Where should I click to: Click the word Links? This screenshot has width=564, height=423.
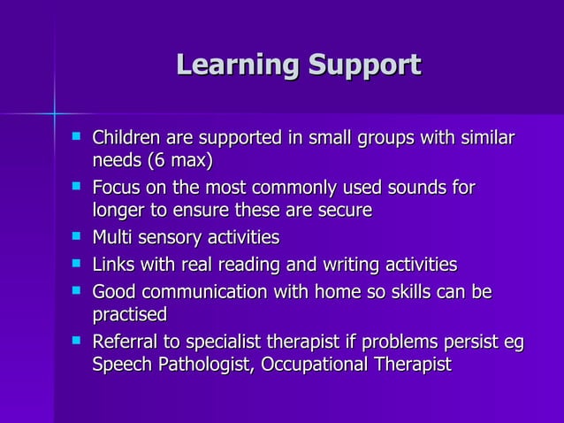115,265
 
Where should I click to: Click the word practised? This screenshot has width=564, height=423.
130,314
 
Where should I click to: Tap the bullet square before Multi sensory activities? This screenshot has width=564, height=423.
77,236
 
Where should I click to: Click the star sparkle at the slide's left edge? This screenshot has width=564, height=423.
53,112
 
